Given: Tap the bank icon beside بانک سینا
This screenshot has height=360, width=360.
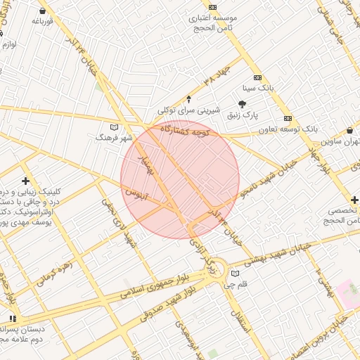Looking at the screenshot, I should point(257,77).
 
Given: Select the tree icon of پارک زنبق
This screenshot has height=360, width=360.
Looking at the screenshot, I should point(243,103).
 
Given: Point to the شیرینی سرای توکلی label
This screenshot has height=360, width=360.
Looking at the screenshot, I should point(188,110).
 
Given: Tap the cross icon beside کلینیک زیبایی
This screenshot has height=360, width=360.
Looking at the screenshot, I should point(26,181).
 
